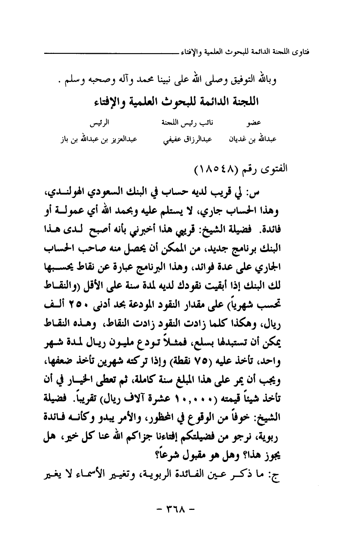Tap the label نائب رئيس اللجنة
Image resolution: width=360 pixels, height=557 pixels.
coord(182,122)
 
